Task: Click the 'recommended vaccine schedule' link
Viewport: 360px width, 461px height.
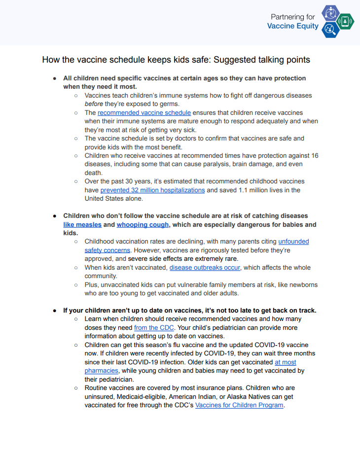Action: tap(144, 113)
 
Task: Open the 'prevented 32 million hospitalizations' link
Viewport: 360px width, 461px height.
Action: tap(152, 190)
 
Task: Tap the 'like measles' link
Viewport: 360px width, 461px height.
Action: tap(82, 224)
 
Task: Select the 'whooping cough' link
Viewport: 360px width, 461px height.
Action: tap(143, 224)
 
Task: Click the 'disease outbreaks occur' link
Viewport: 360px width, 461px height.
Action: tap(205, 268)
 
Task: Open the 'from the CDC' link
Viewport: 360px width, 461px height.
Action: tap(154, 328)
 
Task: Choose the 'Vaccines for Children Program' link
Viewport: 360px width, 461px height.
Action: tap(239, 405)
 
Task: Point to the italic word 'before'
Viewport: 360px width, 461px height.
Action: tap(94, 104)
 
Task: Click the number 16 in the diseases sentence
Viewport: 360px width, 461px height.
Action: tap(314, 156)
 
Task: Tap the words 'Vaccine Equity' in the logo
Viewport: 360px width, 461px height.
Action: tap(293, 26)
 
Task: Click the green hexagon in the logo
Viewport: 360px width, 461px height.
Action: tap(346, 22)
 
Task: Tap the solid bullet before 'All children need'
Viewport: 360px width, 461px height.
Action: tap(55, 78)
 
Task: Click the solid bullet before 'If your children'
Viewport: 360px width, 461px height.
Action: tap(55, 311)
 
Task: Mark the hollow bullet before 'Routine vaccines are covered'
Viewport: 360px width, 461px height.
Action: tap(76, 388)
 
